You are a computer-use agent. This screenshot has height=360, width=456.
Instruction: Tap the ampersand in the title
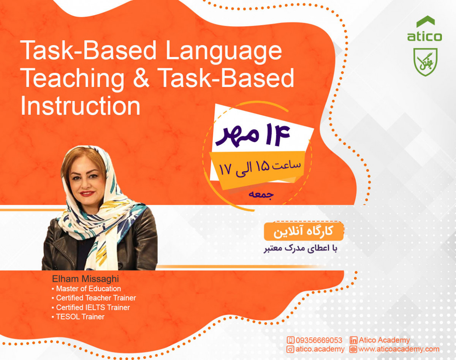tap(140, 78)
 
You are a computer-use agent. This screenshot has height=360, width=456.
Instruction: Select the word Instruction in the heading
tap(80, 106)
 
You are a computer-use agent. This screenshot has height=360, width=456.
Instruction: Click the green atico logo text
tap(424, 37)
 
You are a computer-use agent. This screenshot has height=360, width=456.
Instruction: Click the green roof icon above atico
tap(425, 22)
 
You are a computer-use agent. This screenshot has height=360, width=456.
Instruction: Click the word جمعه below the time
tap(260, 194)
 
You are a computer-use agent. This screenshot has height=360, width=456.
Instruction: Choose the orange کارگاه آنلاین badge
tap(304, 231)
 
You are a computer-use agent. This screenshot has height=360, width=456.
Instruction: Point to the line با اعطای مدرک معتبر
tap(301, 249)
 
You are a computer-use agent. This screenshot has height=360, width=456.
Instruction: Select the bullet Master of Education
tap(88, 289)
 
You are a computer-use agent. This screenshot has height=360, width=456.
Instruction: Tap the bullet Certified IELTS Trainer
tap(93, 308)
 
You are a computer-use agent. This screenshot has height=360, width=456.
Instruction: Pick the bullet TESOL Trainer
tap(80, 317)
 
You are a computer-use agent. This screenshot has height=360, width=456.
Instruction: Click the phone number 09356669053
tap(318, 340)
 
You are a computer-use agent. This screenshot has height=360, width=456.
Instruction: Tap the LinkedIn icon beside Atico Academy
tap(353, 340)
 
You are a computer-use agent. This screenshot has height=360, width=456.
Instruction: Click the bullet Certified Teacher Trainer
tap(96, 298)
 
